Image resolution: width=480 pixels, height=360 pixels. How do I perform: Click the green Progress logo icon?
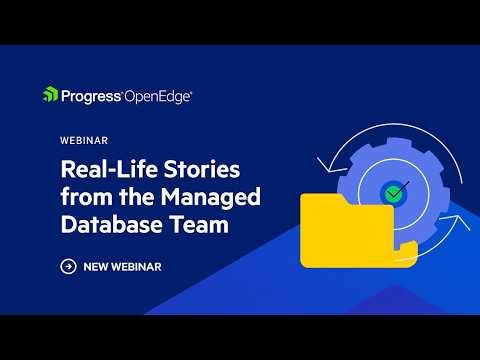click(x=50, y=95)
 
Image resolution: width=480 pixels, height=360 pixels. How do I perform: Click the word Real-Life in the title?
click(x=102, y=165)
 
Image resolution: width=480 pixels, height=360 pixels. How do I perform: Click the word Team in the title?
click(x=199, y=225)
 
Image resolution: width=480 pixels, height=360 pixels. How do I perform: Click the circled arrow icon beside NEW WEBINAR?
click(x=68, y=266)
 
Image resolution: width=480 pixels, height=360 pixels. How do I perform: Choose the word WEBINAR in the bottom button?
click(x=139, y=266)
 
